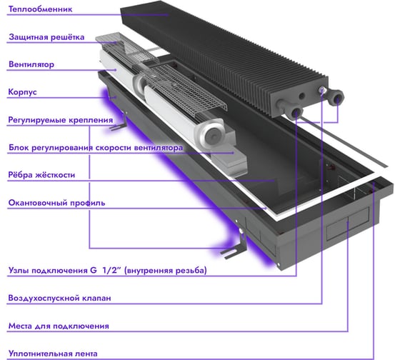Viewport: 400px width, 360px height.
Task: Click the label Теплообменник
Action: [40, 9]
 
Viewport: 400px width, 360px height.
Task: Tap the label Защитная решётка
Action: [46, 37]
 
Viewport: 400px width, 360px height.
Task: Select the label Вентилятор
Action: [31, 64]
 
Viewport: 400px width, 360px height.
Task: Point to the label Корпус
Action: [22, 92]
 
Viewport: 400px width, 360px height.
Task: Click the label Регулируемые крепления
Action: [61, 120]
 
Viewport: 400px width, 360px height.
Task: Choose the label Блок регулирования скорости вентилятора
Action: [96, 147]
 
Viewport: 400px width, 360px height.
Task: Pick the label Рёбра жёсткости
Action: [41, 175]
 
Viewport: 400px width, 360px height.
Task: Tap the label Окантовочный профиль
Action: [56, 203]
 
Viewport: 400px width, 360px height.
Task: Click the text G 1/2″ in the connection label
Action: [105, 270]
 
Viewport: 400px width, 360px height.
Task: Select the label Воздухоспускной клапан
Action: [59, 298]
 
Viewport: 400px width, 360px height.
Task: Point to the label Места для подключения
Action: [59, 326]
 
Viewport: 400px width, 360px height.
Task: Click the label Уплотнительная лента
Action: [53, 354]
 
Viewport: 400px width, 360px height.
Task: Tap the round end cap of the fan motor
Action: [211, 132]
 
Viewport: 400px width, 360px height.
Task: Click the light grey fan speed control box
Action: [229, 160]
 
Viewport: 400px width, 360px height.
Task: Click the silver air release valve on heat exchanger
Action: [322, 90]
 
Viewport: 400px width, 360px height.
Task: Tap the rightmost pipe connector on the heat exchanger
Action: [337, 98]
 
